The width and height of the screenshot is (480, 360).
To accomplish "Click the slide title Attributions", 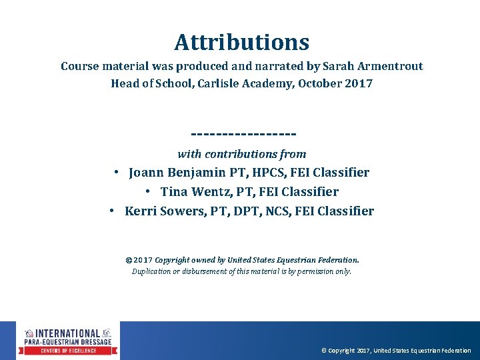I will (x=241, y=43).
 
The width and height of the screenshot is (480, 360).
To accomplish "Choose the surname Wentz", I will (x=211, y=191).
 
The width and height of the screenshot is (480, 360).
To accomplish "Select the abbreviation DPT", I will (x=256, y=211).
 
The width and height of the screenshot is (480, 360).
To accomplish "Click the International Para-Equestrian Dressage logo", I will (x=69, y=341).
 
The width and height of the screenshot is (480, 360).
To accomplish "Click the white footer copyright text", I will (x=395, y=351).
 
